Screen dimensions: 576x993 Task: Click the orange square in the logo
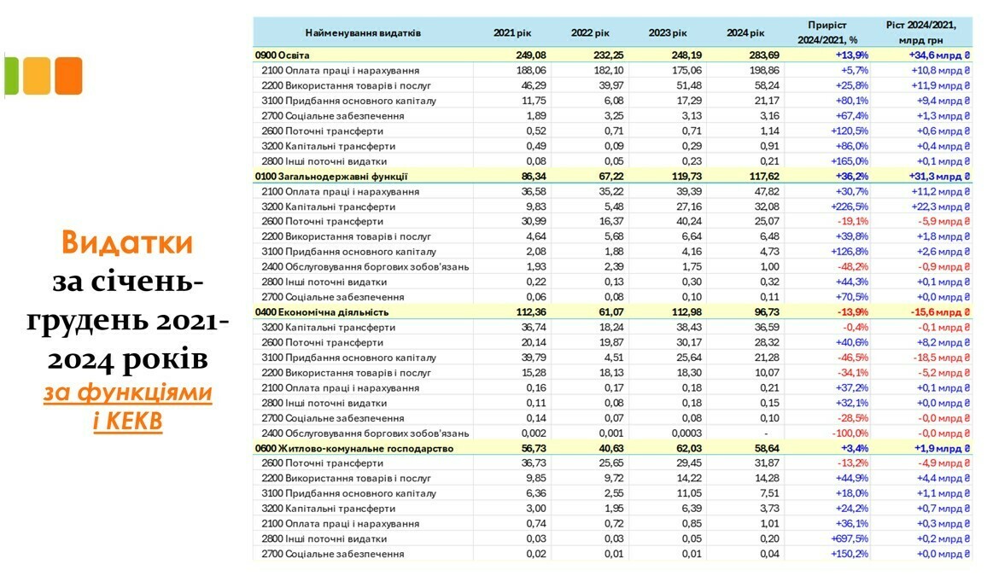(68, 76)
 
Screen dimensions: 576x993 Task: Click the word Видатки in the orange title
(126, 243)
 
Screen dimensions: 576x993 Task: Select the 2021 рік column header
(511, 32)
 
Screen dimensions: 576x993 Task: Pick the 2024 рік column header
(745, 32)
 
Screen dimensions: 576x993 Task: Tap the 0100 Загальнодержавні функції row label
(331, 177)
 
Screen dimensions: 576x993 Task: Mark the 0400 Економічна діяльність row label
(322, 312)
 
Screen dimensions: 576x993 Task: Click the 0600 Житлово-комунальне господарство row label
(354, 448)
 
